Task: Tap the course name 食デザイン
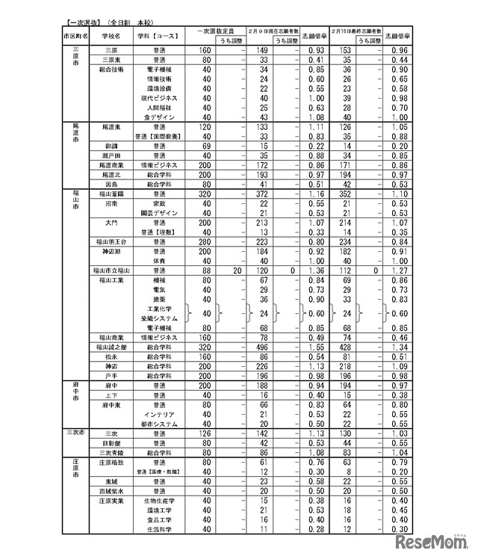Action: pyautogui.click(x=160, y=117)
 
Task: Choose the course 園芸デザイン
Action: pyautogui.click(x=160, y=213)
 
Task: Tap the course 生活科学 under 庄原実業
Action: pyautogui.click(x=160, y=529)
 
